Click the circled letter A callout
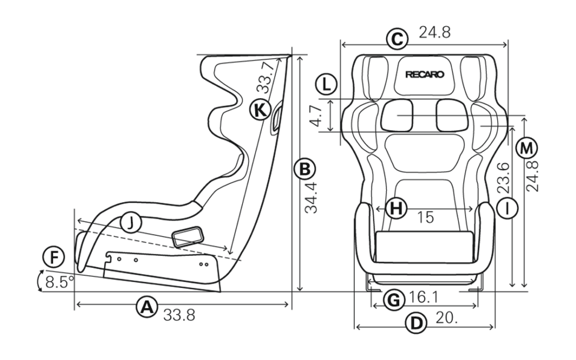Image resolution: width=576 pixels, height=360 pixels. coord(147,307)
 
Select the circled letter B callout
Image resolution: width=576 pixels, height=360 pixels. coord(305,170)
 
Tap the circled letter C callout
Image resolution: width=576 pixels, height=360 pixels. coord(397,38)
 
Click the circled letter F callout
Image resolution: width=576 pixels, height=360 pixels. coord(54,257)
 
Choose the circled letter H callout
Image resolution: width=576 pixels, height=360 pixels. coord(396,209)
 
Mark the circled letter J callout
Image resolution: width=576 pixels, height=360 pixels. coord(130,222)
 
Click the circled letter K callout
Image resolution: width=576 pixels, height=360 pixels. coord(260,110)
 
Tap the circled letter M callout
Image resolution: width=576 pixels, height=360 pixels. coord(526,148)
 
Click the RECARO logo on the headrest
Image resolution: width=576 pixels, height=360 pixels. coord(425,75)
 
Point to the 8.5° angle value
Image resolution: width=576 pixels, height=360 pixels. coord(60,282)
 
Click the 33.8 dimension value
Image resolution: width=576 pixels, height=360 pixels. coord(179,315)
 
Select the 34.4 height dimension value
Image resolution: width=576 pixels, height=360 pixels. coord(311,198)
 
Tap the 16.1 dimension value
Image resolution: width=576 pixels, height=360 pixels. coord(423,297)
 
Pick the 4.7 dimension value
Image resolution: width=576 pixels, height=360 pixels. coord(316,115)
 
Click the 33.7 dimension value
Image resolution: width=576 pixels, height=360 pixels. coord(265,77)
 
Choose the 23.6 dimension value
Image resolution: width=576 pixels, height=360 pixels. coord(503,178)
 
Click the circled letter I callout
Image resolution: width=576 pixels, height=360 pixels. coord(507,209)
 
